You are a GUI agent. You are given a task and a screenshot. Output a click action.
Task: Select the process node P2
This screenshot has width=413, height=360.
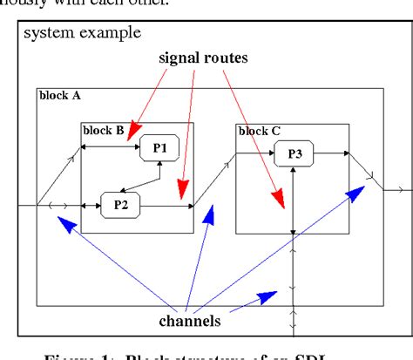[x=120, y=206]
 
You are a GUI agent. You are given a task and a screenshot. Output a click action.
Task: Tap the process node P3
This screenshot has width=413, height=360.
[x=294, y=156]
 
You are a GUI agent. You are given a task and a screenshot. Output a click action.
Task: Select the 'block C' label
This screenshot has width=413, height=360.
[x=259, y=131]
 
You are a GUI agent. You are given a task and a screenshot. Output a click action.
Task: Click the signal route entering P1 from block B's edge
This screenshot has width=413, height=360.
[x=111, y=148]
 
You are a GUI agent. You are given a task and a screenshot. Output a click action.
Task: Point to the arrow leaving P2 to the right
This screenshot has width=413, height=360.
[x=166, y=206]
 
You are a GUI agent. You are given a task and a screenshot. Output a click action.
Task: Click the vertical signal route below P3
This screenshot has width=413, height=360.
[x=294, y=200]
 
